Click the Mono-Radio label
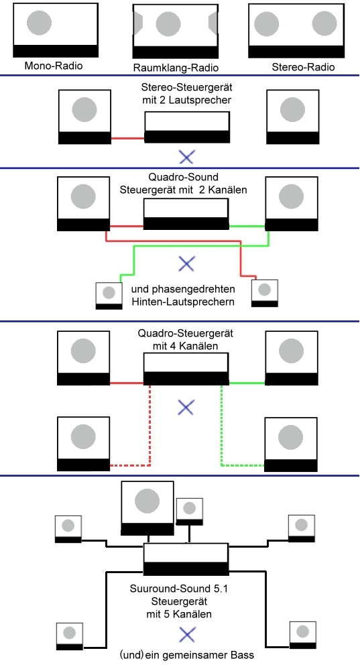coord(54,66)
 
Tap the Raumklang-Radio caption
coord(176,68)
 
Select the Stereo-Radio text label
coord(303,67)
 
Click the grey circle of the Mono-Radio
coord(40,22)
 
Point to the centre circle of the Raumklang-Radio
coord(168,24)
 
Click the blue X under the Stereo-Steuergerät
coord(186,157)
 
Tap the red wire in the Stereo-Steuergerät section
coord(127,138)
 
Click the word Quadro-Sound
coord(183,177)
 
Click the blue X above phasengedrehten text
coord(186,263)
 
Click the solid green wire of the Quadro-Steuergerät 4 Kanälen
coord(247,383)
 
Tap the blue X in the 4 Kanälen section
coord(186,408)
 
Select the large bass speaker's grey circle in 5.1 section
coord(147,501)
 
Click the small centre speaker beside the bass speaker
coord(189,511)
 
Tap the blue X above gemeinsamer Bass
coord(187,635)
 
